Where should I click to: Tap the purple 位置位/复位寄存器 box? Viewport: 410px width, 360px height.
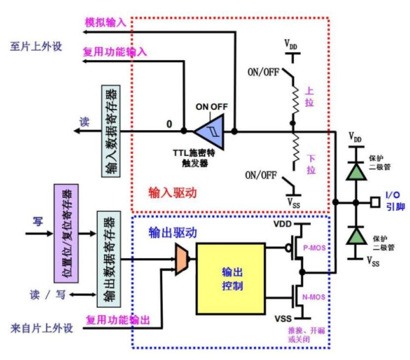click(x=64, y=227)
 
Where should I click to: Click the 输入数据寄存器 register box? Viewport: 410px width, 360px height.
click(x=111, y=132)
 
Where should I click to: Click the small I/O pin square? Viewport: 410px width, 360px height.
click(x=375, y=203)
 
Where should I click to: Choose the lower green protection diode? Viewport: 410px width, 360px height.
click(x=358, y=236)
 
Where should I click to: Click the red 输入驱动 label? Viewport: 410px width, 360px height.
click(x=173, y=193)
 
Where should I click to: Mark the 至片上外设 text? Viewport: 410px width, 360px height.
click(x=36, y=46)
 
